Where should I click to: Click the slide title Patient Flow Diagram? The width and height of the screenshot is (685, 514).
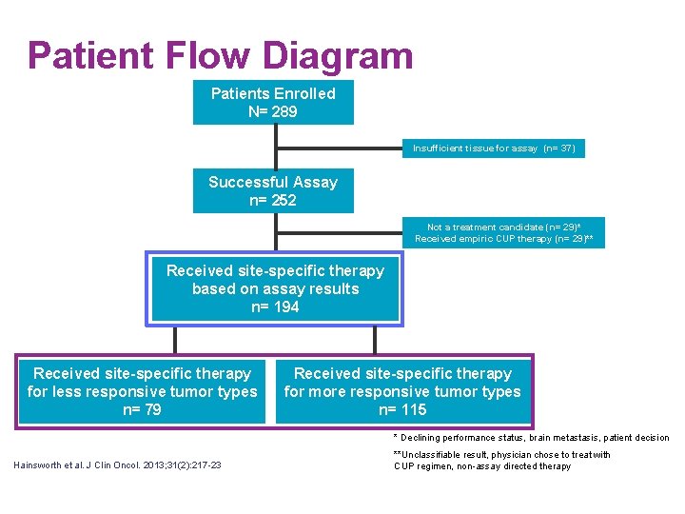coord(220,56)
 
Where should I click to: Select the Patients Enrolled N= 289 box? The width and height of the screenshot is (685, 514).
coord(273,103)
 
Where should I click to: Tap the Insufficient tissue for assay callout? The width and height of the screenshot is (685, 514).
coord(494,148)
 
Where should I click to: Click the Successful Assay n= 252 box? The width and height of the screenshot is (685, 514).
coord(273,190)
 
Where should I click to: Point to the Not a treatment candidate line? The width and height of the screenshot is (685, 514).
coord(503,227)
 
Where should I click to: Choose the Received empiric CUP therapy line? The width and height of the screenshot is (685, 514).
coord(503,239)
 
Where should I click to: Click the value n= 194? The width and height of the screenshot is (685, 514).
coord(274,306)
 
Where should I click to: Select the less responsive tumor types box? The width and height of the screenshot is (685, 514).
coord(142,391)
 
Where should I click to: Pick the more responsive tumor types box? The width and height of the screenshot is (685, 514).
coord(401,391)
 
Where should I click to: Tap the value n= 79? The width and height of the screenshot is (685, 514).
coord(142,409)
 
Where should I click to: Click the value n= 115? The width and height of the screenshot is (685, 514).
coord(401,409)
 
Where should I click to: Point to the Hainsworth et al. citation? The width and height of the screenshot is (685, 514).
coord(117,465)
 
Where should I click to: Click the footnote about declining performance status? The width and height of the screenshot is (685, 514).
coord(531,438)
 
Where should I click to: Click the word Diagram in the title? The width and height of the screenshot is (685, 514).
coord(339,56)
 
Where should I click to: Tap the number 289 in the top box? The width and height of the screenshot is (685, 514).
coord(284,111)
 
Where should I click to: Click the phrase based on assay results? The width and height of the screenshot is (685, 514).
coord(275,288)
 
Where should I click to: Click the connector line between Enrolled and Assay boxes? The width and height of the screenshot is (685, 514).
coord(275,146)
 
